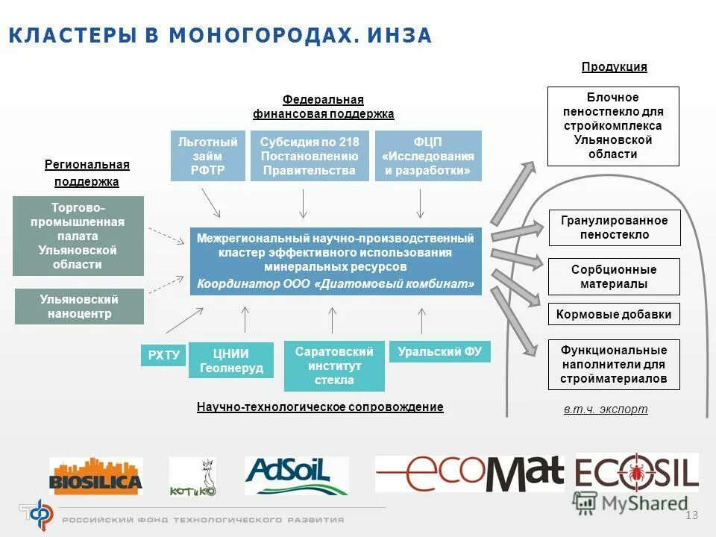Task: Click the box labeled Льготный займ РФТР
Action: pos(208,156)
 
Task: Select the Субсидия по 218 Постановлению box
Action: pos(310,156)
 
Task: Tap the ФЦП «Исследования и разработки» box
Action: pos(428,156)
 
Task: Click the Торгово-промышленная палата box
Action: pos(78,236)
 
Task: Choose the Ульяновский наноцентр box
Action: pos(79,307)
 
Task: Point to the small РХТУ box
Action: pos(163,355)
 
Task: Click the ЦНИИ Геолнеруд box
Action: pos(230,360)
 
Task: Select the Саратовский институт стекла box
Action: pos(334,365)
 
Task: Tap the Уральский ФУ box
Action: pos(440,351)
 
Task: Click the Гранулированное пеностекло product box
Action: pos(615,227)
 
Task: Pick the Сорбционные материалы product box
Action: pos(615,276)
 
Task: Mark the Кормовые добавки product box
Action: pos(615,314)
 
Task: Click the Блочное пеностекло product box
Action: pos(613,126)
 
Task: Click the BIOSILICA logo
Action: pos(95,476)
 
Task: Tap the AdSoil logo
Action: pos(297,475)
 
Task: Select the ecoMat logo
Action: pos(469,474)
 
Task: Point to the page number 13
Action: pos(691,515)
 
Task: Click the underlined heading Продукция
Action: pos(614,67)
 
